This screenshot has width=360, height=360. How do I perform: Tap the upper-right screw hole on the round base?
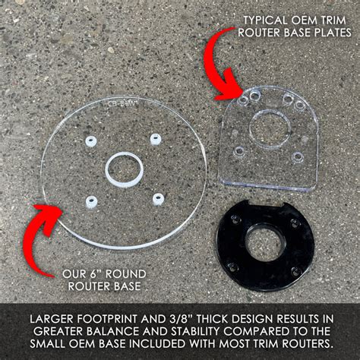(x=156, y=138)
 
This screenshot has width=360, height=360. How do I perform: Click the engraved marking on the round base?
(x=119, y=99)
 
